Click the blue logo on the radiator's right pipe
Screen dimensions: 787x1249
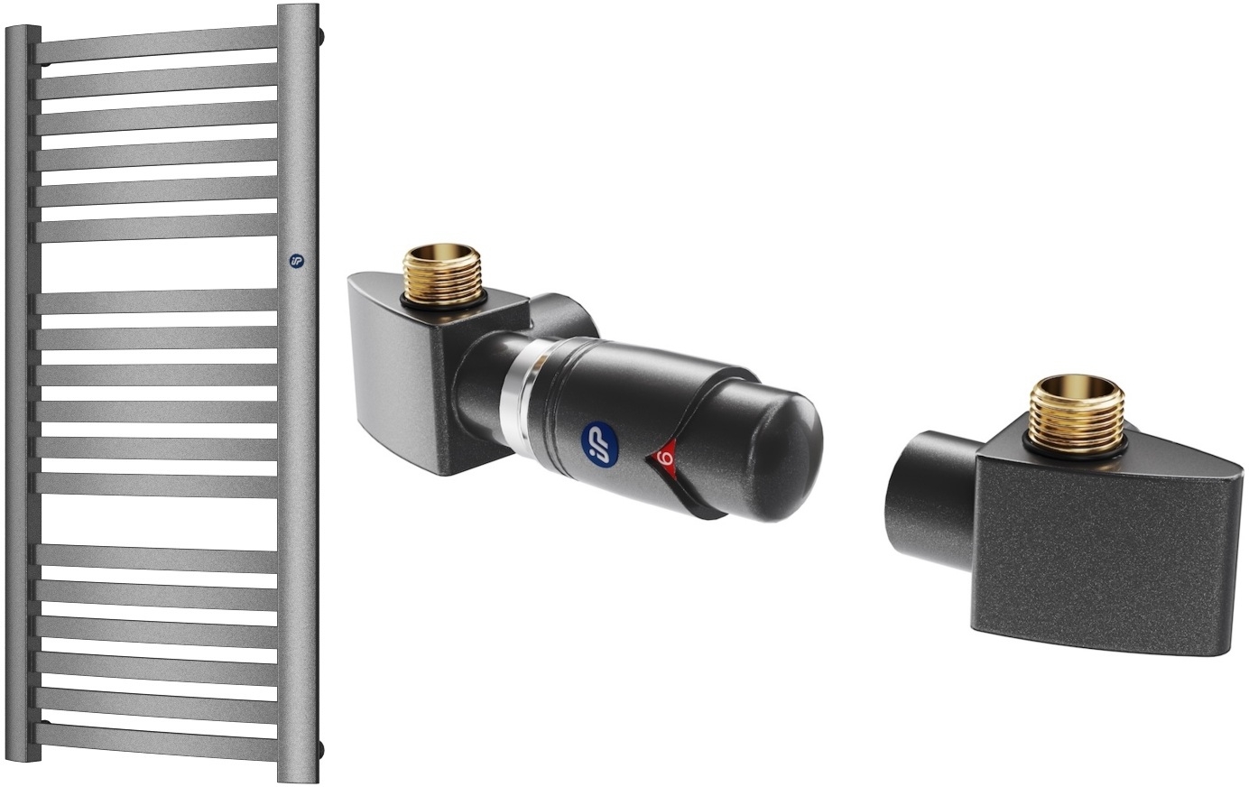(296, 261)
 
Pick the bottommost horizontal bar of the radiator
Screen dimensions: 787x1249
(158, 739)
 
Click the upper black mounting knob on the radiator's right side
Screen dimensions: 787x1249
(321, 36)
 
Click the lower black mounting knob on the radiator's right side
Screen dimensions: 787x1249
(321, 748)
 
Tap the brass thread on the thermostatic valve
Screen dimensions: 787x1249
(441, 273)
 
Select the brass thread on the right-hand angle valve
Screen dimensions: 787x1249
(1077, 410)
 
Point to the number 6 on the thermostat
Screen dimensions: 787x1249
(665, 457)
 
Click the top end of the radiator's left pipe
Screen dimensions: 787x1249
(23, 32)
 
